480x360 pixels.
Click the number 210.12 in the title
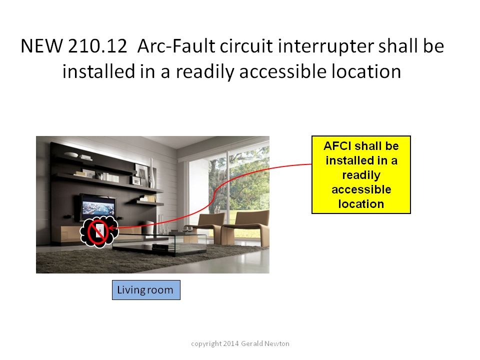(97, 46)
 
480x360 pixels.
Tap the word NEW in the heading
(42, 46)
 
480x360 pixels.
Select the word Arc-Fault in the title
(176, 46)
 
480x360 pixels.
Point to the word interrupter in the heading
(326, 47)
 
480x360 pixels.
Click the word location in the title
(366, 71)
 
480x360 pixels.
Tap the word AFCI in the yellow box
(337, 146)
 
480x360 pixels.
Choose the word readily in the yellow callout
(361, 175)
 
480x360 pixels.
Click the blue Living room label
(146, 290)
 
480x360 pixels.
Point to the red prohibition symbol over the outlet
(98, 232)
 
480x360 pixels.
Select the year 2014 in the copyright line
(231, 344)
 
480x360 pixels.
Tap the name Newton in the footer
(276, 344)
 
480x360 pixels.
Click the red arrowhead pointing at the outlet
(111, 228)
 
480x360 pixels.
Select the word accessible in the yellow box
(361, 190)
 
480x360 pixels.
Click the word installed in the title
(98, 71)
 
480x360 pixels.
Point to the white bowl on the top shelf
(71, 154)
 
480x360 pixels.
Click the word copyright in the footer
(206, 344)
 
